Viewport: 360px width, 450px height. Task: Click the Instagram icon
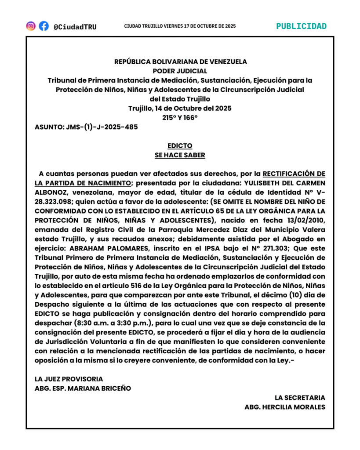point(31,26)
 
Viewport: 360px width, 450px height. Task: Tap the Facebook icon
point(44,26)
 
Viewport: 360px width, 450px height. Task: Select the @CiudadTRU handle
point(75,27)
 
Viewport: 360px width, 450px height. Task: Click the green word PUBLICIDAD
point(302,26)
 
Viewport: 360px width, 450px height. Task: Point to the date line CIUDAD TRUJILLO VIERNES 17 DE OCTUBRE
point(180,26)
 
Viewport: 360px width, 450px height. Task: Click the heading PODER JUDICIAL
point(180,71)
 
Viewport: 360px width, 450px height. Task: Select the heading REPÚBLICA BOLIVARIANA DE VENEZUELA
point(180,62)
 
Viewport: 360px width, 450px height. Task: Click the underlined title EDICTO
point(180,145)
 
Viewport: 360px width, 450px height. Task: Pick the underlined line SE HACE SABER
point(180,155)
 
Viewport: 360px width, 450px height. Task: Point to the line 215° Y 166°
point(180,117)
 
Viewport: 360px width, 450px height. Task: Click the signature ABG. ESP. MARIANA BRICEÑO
point(83,388)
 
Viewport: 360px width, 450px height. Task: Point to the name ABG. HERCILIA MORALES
point(285,407)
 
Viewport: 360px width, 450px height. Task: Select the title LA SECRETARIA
point(300,398)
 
